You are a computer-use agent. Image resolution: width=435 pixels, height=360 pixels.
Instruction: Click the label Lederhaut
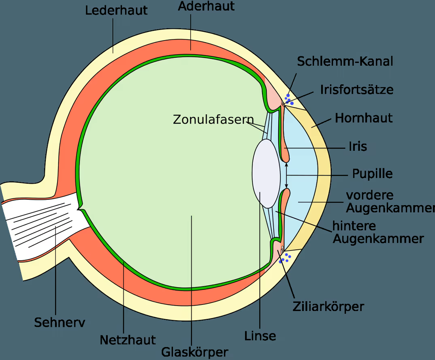click(116, 11)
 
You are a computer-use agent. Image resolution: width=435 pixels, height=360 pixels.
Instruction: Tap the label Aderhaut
click(206, 6)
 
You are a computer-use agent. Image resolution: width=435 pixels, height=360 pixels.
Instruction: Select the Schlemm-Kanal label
click(345, 61)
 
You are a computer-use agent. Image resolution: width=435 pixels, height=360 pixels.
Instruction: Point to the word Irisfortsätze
click(357, 90)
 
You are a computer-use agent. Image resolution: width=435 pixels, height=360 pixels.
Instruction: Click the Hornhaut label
click(364, 118)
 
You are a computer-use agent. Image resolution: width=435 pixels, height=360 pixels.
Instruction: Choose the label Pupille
click(372, 174)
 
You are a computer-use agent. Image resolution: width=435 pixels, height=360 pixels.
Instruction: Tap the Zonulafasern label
click(213, 120)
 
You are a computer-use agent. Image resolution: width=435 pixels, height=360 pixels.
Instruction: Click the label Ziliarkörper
click(328, 306)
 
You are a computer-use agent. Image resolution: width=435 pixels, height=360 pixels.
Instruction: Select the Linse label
click(260, 336)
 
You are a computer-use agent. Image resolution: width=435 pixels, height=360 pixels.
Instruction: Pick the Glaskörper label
click(195, 352)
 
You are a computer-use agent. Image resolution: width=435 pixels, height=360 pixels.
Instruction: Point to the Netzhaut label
click(128, 340)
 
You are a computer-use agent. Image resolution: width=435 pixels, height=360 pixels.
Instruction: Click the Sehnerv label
click(60, 323)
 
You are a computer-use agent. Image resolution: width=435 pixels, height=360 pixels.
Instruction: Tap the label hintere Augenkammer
click(378, 232)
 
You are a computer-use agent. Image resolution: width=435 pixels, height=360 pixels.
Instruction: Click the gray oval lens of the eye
click(266, 174)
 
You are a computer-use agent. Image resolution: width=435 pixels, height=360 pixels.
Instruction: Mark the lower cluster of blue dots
click(285, 258)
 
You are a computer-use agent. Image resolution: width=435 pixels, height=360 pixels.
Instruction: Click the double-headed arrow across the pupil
click(287, 176)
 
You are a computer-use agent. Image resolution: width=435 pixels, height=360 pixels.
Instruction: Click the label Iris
click(358, 146)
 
